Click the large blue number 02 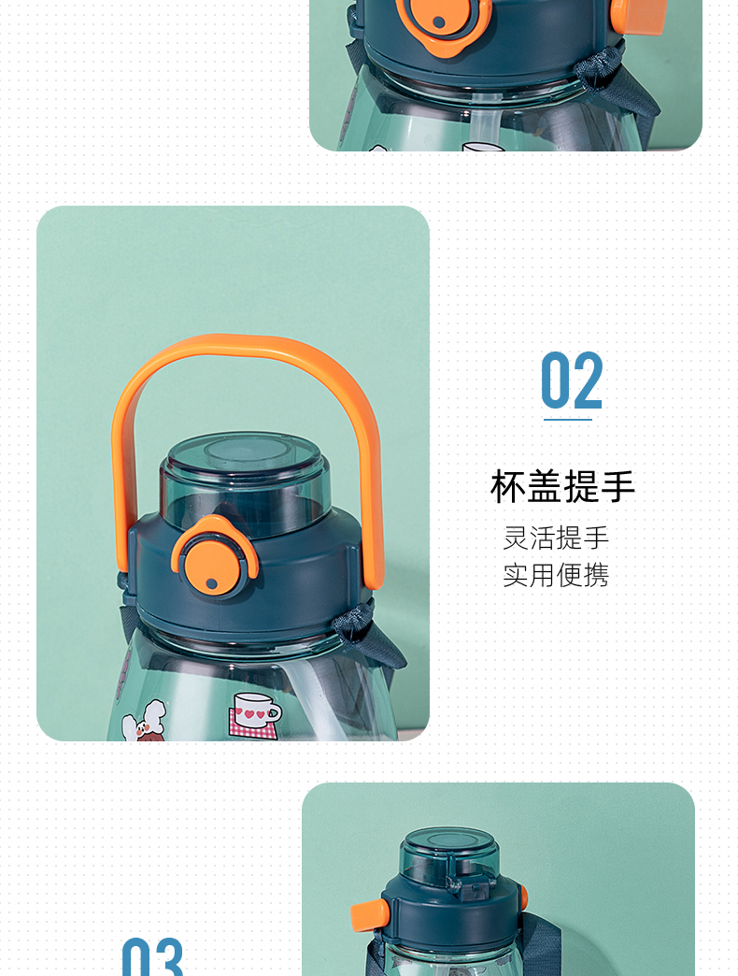[572, 380]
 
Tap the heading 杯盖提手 [562, 487]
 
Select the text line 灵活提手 [556, 538]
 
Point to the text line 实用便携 [556, 575]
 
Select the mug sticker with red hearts [254, 715]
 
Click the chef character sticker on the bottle [144, 724]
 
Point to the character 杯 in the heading [507, 487]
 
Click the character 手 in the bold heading [618, 487]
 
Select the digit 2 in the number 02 [588, 380]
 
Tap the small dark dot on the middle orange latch [212, 583]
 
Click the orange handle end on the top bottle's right [638, 13]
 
